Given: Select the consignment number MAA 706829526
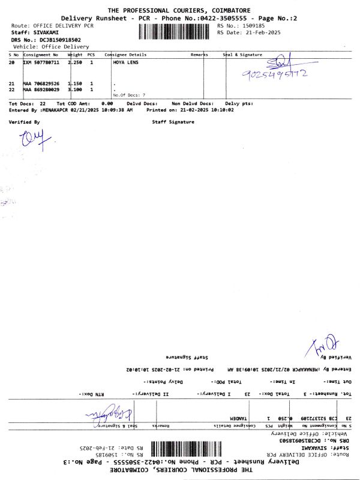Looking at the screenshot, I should [x=41, y=83].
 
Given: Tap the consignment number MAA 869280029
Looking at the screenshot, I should [x=41, y=89].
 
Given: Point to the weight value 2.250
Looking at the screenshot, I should [x=75, y=62].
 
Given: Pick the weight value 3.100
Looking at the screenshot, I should [x=75, y=89].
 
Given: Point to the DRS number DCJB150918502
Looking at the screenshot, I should [x=59, y=40].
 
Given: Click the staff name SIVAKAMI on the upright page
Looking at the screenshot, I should [x=47, y=32].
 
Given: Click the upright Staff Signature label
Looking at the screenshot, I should [x=173, y=122].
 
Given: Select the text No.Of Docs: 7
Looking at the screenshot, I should [x=129, y=95].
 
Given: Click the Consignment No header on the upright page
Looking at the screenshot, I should [x=41, y=55].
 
